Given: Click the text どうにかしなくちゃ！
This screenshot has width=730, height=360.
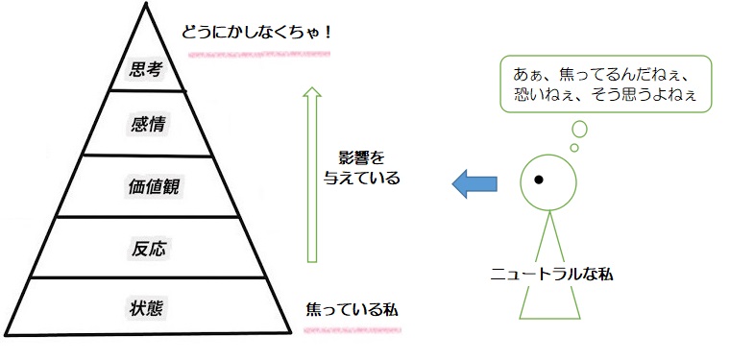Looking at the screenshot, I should [x=257, y=32].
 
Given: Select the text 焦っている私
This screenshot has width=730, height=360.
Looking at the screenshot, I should [x=352, y=311].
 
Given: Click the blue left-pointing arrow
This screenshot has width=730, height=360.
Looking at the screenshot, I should [x=474, y=182].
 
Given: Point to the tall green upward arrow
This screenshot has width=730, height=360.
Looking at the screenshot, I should [x=311, y=173].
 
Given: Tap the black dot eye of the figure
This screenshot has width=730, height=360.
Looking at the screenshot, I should [x=540, y=180].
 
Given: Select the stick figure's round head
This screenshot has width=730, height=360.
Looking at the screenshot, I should [x=547, y=180].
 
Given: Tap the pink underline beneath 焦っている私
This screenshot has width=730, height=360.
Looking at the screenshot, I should [x=352, y=327].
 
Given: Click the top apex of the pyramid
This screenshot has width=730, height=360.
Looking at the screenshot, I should [x=148, y=8].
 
